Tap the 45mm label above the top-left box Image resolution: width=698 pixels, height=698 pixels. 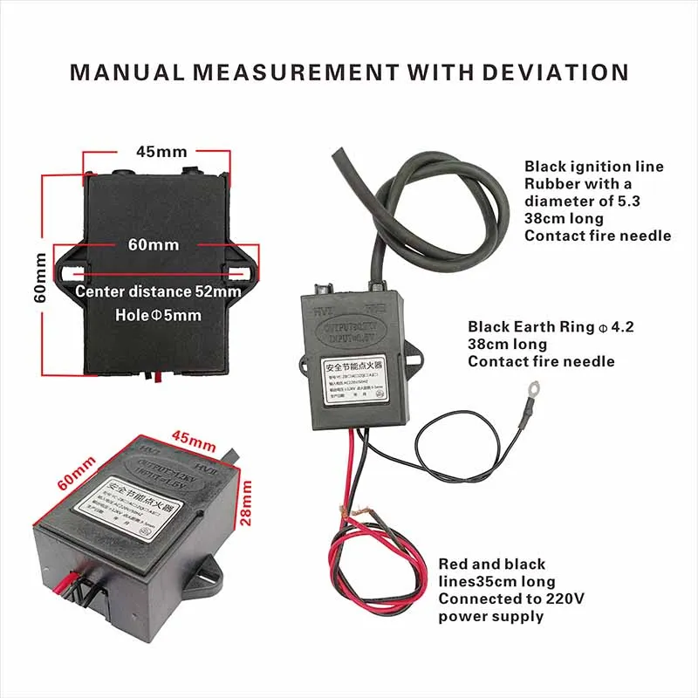(x=158, y=152)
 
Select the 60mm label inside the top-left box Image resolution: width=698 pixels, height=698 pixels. (x=154, y=245)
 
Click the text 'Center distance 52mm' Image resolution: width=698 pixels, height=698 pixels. (x=157, y=291)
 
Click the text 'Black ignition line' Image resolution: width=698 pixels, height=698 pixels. (x=593, y=167)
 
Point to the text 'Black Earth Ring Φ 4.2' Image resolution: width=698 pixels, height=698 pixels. (x=551, y=327)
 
